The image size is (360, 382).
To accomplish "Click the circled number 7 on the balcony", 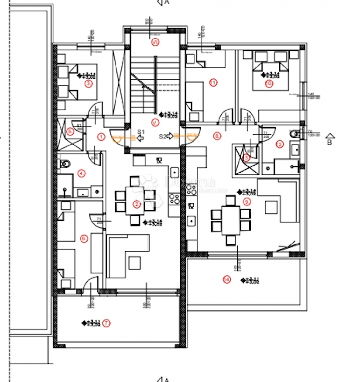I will [107, 323].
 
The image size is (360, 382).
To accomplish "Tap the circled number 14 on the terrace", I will [226, 280].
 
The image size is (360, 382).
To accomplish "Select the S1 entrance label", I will [141, 131].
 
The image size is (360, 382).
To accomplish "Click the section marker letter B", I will [329, 142].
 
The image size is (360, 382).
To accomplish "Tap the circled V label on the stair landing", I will [155, 122].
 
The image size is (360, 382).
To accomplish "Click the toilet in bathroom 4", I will [65, 164].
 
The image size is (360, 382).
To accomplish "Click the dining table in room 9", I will [231, 220].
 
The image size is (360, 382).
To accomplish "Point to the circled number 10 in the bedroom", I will [269, 84].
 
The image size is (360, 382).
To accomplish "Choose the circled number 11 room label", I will [213, 83].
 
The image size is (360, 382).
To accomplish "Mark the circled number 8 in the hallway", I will [217, 136].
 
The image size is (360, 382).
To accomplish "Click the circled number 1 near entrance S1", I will [101, 137].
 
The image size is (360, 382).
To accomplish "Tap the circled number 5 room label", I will [70, 131].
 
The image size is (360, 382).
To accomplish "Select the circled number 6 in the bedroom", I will [84, 238].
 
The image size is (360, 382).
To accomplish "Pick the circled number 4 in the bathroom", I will [82, 173].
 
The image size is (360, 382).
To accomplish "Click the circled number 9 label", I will [246, 201].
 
